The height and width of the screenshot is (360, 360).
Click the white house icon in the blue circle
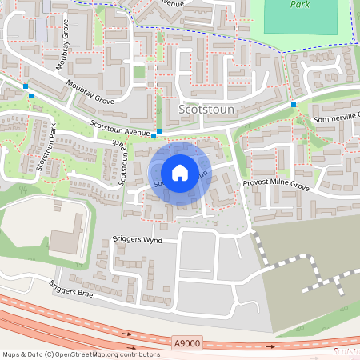pos(180,173)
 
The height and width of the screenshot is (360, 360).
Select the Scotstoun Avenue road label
pos(121,128)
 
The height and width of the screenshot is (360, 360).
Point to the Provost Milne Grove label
pos(276,185)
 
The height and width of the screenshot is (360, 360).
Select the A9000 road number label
pos(186,342)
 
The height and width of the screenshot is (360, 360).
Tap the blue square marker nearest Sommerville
pos(294,104)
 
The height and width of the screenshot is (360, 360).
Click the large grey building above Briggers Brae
pos(66,239)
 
